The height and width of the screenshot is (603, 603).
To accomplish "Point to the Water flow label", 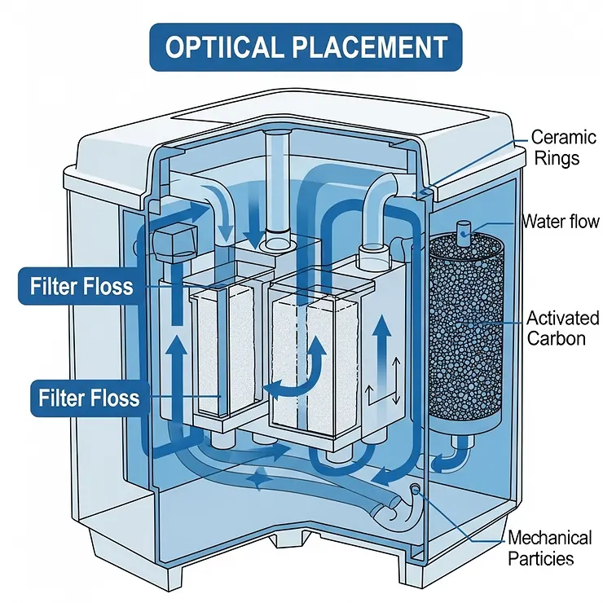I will [x=560, y=222].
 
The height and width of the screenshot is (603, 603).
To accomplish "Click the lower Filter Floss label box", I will [x=88, y=398].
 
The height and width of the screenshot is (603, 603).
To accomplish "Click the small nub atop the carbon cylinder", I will [x=464, y=230].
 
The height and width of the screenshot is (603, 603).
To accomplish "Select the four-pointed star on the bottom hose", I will [x=259, y=483].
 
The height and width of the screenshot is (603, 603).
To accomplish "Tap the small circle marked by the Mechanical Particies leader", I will [x=416, y=489].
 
